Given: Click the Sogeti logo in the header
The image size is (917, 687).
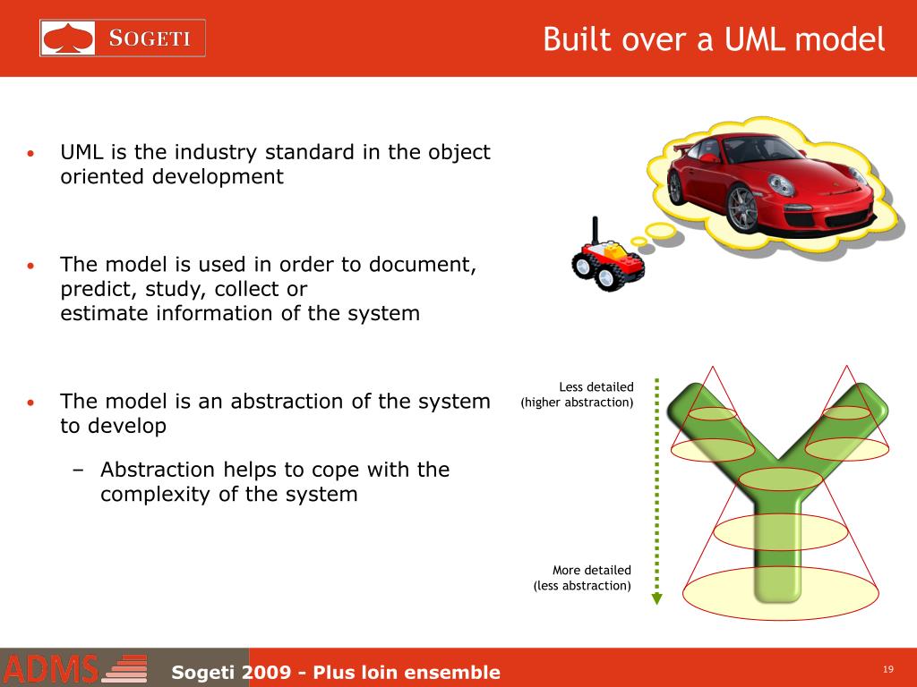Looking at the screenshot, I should [123, 38].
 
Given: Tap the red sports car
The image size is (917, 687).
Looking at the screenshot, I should [770, 182].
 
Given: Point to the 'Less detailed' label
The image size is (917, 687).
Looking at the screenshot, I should [596, 386].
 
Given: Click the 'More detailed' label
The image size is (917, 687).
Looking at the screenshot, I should [591, 570].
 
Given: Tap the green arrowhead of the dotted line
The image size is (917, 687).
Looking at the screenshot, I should [656, 598].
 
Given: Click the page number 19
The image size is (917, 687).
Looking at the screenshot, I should [888, 670].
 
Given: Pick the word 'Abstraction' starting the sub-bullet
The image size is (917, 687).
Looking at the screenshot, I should [158, 470].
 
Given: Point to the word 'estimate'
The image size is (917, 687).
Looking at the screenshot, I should [105, 313].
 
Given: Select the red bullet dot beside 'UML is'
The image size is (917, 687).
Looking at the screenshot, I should [31, 153].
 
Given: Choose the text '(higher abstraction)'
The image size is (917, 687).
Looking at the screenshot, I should [577, 403].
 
